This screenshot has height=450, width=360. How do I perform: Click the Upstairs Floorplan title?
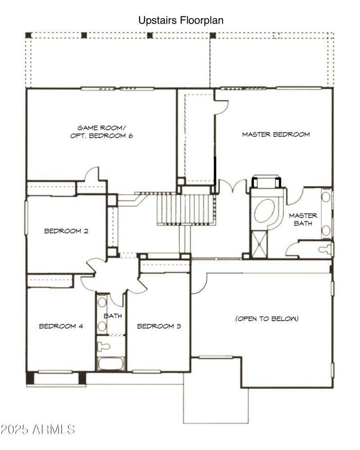(180, 20)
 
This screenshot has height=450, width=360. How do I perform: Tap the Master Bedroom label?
(276, 134)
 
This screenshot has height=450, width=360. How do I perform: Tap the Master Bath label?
(303, 219)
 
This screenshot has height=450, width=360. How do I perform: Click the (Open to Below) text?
(267, 319)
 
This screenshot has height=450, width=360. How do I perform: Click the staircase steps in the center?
(184, 209)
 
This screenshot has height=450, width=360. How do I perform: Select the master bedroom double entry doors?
(233, 187)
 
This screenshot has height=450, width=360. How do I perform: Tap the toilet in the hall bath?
(104, 347)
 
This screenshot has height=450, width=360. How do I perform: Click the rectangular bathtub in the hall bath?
(111, 364)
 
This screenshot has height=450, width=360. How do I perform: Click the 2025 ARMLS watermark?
(38, 429)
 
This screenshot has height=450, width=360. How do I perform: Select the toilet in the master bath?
(325, 249)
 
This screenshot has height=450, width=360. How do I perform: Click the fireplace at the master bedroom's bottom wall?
(266, 181)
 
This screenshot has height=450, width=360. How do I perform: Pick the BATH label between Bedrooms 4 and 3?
(112, 316)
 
